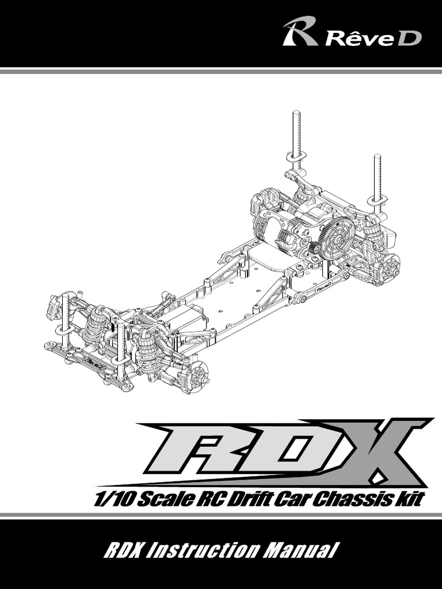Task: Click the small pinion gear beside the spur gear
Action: point(315,248)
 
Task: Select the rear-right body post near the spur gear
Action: point(378,179)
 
